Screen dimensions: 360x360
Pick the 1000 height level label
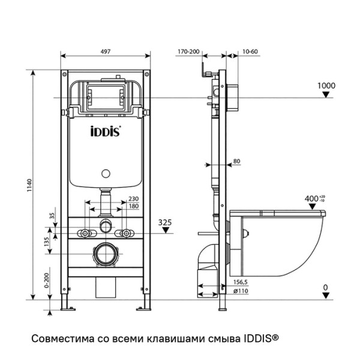coord(325,86)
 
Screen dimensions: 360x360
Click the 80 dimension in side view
coord(236,161)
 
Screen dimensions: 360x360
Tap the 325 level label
coord(166,222)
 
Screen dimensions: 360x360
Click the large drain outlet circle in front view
coord(106,254)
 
